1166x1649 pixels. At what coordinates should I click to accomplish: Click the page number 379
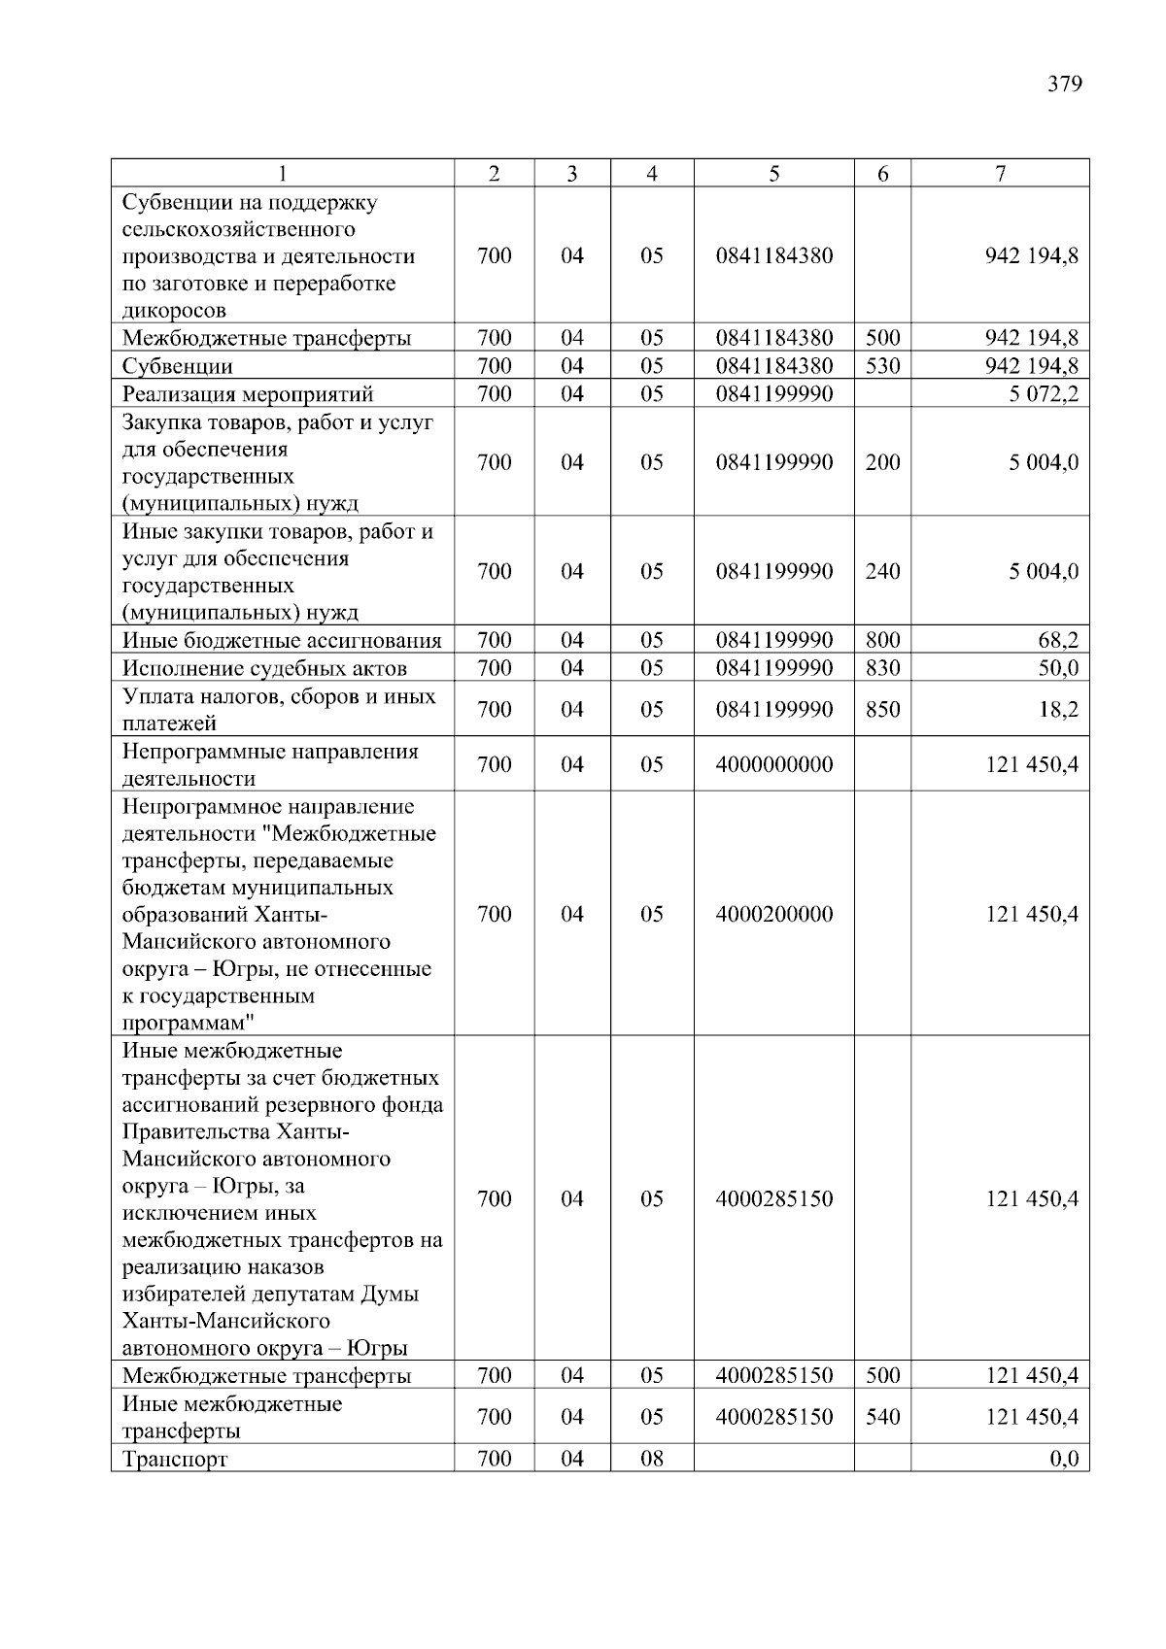[x=1064, y=84]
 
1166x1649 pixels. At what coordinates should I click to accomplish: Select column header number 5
[x=773, y=174]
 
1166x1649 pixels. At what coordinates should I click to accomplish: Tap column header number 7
[x=1000, y=174]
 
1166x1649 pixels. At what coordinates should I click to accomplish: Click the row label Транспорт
[x=175, y=1459]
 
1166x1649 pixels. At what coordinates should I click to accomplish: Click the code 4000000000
[x=773, y=764]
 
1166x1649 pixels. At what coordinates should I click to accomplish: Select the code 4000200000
[x=773, y=914]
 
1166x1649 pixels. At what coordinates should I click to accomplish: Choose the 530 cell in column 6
[x=882, y=366]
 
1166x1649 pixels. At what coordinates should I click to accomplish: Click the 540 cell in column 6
[x=882, y=1417]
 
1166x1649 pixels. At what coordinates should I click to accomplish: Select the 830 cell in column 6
[x=882, y=668]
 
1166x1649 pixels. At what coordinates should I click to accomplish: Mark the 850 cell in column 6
[x=882, y=710]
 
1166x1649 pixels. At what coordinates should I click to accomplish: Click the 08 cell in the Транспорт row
[x=651, y=1459]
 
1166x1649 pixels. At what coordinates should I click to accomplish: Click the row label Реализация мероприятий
[x=248, y=393]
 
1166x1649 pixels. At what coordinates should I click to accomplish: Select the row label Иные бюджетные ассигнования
[x=282, y=640]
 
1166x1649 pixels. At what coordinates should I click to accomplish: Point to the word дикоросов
[x=174, y=311]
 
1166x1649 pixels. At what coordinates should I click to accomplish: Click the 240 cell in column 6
[x=882, y=571]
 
